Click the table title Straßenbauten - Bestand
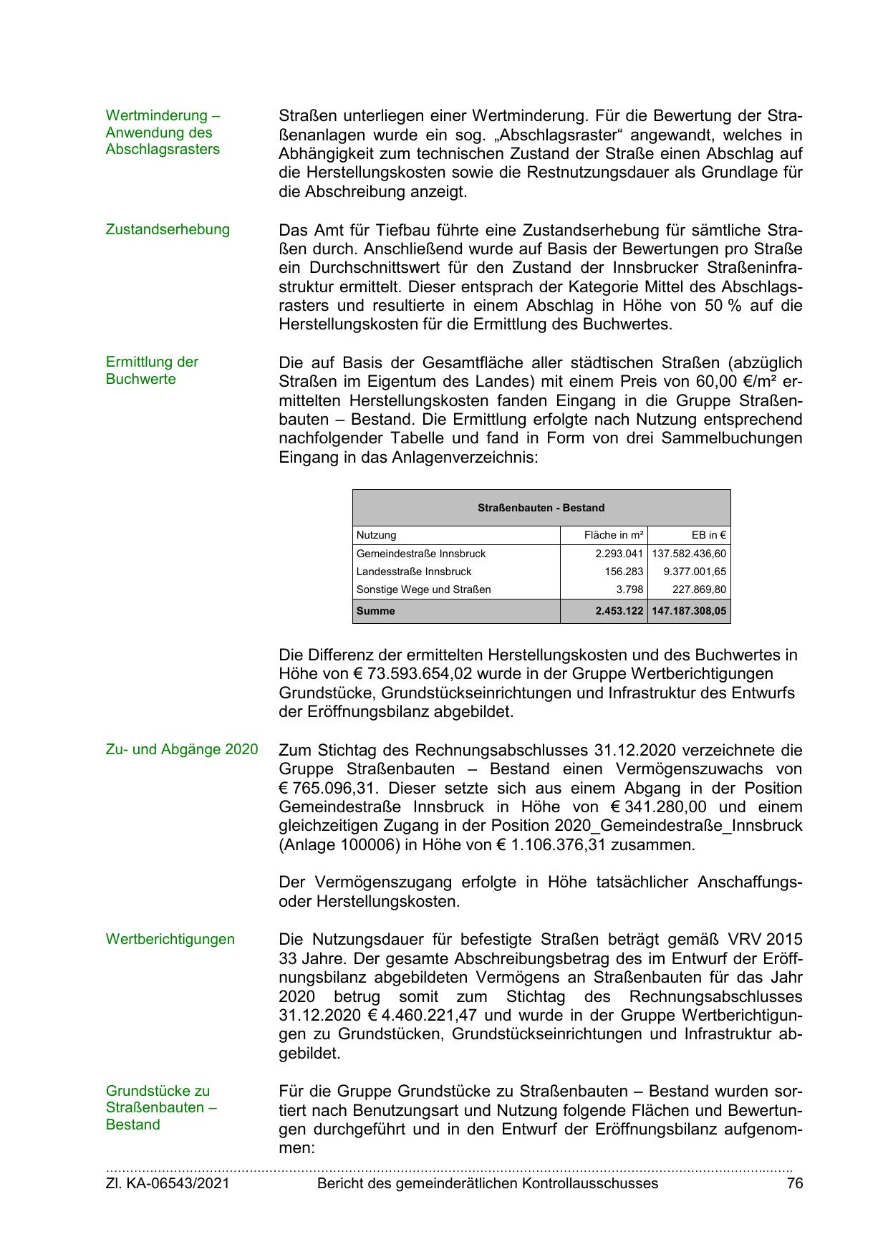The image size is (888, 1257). [541, 508]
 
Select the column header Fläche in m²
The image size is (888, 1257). [614, 535]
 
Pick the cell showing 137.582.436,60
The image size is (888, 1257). [689, 554]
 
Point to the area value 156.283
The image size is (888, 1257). [624, 572]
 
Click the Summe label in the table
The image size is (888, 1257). [376, 612]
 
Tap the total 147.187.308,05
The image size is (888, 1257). [689, 612]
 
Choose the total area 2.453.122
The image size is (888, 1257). [619, 612]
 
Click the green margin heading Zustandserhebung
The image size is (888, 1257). [168, 230]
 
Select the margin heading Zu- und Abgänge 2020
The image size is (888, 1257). [182, 750]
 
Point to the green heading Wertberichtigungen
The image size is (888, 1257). [170, 939]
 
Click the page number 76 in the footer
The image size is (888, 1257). [794, 1184]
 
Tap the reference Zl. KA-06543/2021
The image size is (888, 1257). [168, 1184]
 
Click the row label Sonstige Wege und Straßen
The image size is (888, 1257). [424, 589]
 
